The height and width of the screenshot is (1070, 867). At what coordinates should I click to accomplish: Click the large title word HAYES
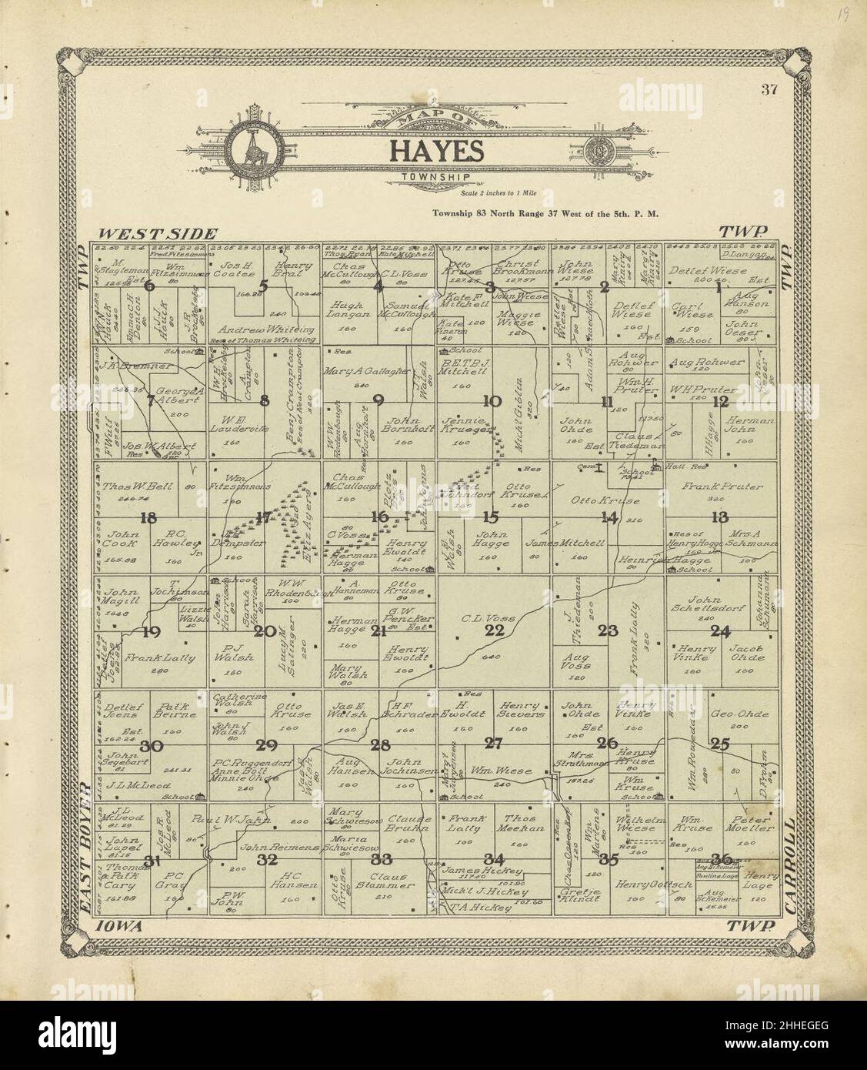435,151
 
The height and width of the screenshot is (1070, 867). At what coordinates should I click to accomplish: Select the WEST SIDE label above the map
158,233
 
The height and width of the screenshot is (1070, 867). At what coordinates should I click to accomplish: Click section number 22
494,630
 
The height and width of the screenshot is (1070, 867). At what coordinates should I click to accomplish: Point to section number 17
264,517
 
